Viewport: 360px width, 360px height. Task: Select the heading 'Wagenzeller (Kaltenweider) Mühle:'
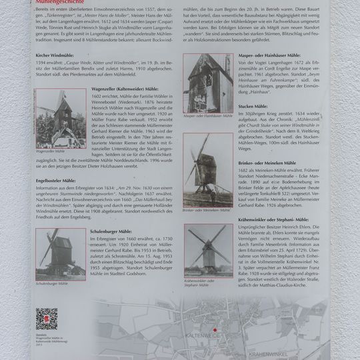pos(125,89)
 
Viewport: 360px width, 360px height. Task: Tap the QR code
pos(45,319)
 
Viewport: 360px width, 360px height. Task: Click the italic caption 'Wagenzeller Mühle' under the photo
pos(51,152)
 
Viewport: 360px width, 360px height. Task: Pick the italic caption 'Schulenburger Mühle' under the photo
pos(53,284)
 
